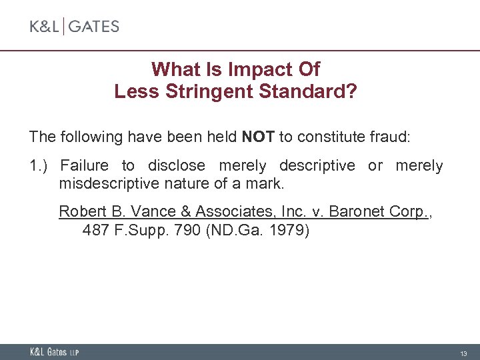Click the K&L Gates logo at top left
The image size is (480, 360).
coord(74,27)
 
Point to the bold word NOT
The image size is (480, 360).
coord(258,137)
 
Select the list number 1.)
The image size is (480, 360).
coord(41,165)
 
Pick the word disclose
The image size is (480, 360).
coord(177,165)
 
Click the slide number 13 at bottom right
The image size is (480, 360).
coord(464,352)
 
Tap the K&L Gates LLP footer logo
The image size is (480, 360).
coord(54,351)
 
